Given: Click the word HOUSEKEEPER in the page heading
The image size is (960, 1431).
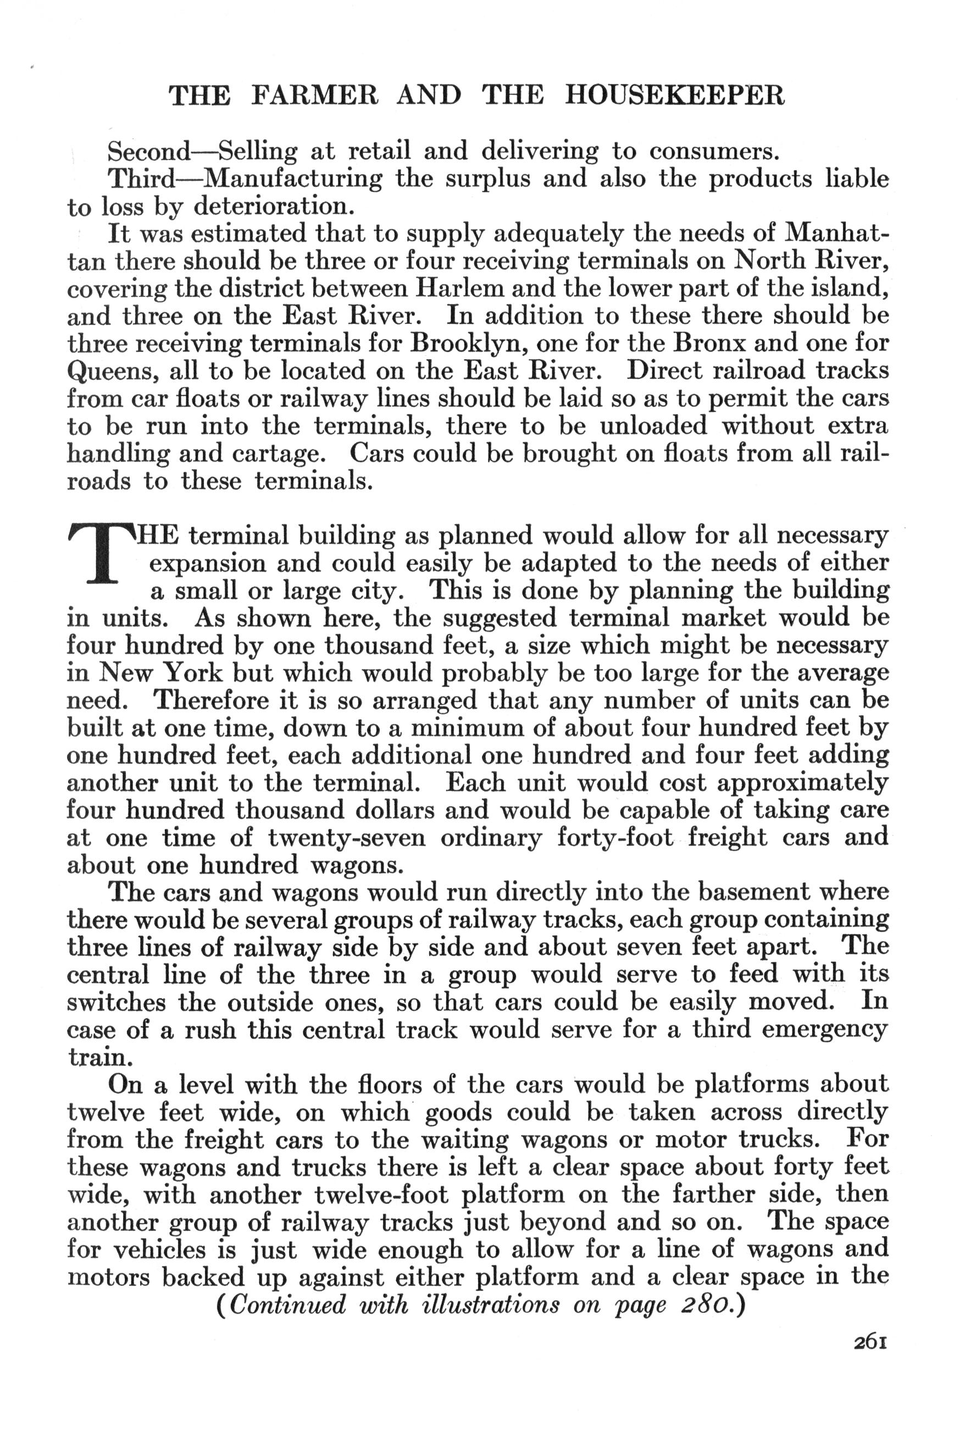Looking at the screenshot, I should pyautogui.click(x=675, y=96).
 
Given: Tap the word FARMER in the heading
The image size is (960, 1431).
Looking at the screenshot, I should pyautogui.click(x=315, y=96).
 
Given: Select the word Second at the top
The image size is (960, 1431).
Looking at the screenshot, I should pyautogui.click(x=149, y=151).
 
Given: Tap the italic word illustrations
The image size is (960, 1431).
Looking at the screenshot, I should pyautogui.click(x=490, y=1305).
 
